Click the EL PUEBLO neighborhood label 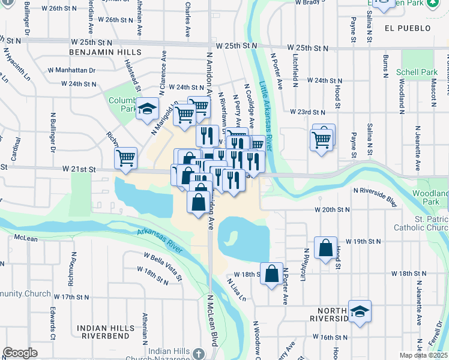pyautogui.click(x=408, y=28)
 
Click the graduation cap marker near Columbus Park pyautogui.click(x=146, y=109)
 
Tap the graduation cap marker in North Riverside pyautogui.click(x=360, y=311)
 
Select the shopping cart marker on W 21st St pyautogui.click(x=126, y=158)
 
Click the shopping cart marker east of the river pyautogui.click(x=322, y=140)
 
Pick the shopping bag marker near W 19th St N pyautogui.click(x=325, y=248)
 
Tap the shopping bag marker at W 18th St pyautogui.click(x=271, y=274)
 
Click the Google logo pyautogui.click(x=20, y=353)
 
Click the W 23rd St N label pyautogui.click(x=307, y=112)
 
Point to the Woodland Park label pyautogui.click(x=430, y=198)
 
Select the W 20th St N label pyautogui.click(x=332, y=210)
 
